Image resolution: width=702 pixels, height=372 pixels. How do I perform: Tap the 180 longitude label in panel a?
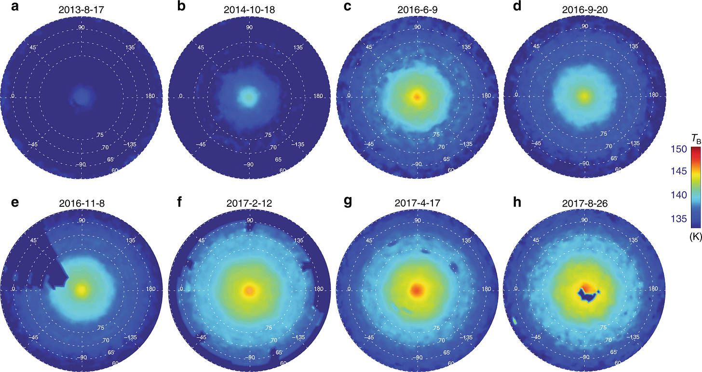point(151,96)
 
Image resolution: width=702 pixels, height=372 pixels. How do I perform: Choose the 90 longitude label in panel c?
point(418,27)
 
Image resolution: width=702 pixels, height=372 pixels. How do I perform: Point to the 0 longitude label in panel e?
point(13,289)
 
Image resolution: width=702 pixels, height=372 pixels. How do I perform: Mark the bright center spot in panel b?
point(249,96)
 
